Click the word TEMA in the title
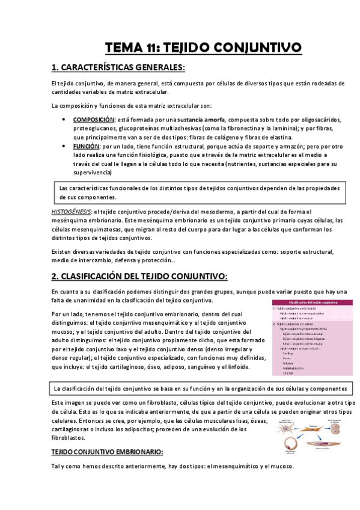click(x=122, y=47)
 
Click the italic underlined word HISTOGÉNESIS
click(x=71, y=212)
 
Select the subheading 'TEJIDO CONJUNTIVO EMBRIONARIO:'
click(x=107, y=452)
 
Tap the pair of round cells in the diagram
click(x=335, y=429)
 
